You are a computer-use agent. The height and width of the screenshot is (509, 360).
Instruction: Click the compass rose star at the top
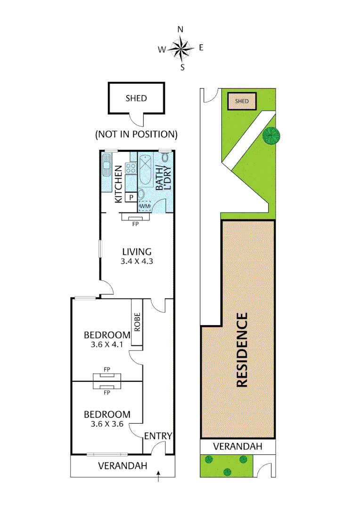tap(180, 48)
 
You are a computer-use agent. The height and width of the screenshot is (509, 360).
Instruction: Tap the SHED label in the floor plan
tap(136, 98)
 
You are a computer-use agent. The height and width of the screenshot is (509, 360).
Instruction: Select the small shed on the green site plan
tap(241, 101)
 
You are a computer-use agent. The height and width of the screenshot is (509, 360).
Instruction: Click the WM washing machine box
tap(145, 206)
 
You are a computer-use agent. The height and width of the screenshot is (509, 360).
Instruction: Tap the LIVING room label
tap(137, 252)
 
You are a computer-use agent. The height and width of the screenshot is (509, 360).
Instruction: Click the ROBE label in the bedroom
tap(137, 323)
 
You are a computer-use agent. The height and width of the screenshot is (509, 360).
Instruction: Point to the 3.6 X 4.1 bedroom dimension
tap(107, 345)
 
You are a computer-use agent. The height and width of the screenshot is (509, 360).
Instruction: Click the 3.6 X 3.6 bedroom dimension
tap(107, 424)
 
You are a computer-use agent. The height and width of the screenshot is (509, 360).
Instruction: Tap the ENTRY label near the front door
tap(158, 436)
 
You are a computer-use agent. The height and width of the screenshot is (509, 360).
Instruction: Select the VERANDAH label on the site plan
tap(237, 446)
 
